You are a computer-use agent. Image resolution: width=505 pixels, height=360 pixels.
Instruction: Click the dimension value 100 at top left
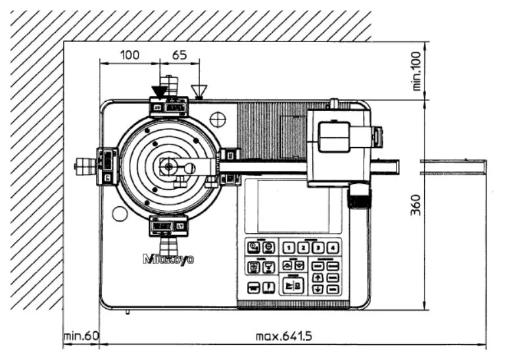[x=130, y=55]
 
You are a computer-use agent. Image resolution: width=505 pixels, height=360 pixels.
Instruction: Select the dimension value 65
[x=179, y=55]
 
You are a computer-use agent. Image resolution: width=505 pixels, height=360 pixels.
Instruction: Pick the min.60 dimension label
[x=81, y=336]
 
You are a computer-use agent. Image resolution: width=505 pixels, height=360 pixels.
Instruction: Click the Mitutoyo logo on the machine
[x=168, y=259]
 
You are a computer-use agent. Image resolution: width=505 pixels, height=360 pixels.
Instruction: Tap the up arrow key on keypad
[x=318, y=277]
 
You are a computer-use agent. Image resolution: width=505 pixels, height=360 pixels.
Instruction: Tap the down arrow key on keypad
[x=318, y=288]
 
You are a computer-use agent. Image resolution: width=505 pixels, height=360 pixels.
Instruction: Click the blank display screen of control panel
[x=293, y=206]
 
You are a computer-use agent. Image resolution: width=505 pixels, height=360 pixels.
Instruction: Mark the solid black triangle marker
[x=159, y=91]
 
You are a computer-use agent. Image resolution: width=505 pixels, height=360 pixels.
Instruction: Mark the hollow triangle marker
[x=198, y=90]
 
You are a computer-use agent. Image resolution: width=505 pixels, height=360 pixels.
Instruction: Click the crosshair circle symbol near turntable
[x=218, y=119]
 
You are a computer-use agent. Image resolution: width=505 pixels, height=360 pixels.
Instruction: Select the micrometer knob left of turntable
[x=84, y=167]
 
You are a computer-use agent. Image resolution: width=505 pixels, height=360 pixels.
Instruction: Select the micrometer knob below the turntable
[x=170, y=247]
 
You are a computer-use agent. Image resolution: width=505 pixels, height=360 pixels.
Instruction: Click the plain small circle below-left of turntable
[x=119, y=214]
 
